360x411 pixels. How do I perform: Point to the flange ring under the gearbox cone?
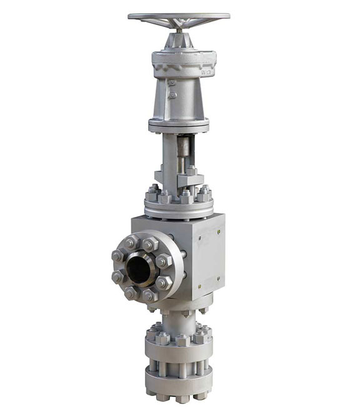click(179, 124)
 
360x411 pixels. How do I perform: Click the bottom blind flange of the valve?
click(178, 382)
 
